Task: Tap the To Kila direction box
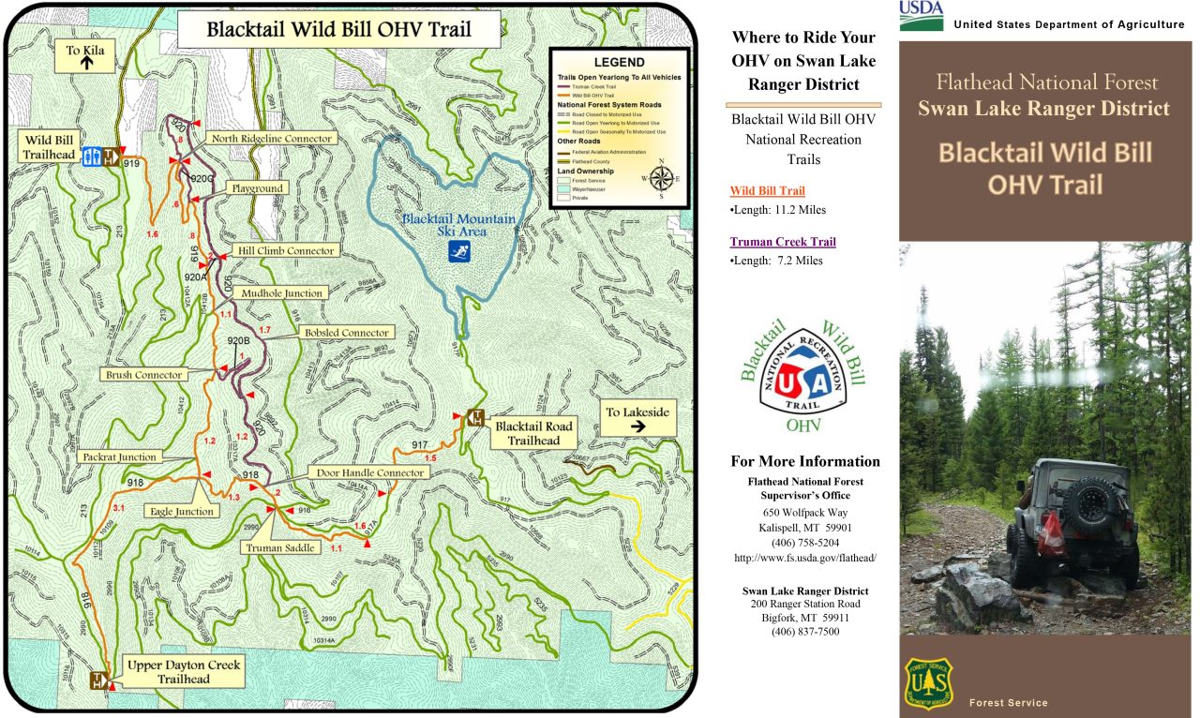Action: coord(85,56)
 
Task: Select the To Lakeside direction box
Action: coord(637,418)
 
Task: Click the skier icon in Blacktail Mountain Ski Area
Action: coord(459,250)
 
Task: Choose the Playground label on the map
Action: coord(258,188)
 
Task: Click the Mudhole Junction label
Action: coord(281,293)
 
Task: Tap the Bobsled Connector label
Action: coord(346,333)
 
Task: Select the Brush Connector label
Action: coord(144,375)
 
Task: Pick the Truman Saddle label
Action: coord(280,547)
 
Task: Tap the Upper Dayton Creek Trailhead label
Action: coord(184,672)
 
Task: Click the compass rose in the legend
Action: coord(661,178)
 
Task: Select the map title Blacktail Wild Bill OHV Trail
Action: coord(338,29)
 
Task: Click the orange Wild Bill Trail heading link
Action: coord(767,190)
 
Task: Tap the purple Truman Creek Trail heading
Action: coord(783,242)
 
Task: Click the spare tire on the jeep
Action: coord(1089,504)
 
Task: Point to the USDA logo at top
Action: coord(921,15)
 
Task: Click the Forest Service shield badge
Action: coord(928,681)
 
